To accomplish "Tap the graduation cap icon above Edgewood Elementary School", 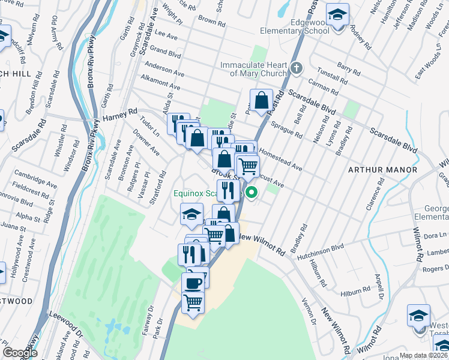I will tap(338, 14).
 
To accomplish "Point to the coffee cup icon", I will tap(193, 283).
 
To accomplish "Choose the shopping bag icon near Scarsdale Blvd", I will tap(262, 100).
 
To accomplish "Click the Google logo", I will tap(20, 353).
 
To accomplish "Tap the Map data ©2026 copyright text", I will tap(423, 355).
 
